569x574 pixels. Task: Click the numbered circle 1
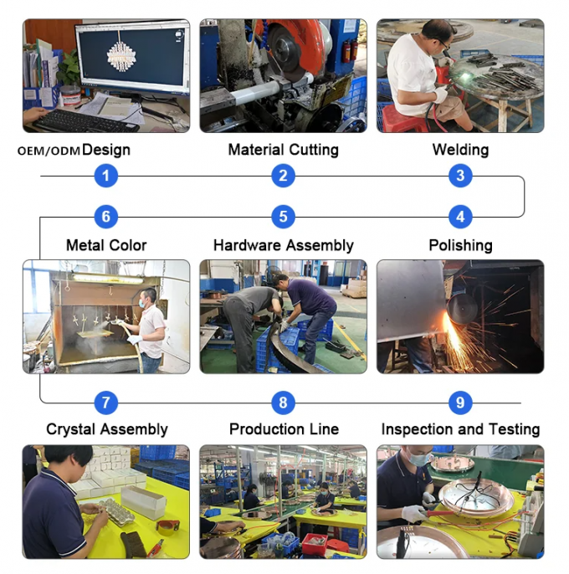(105, 176)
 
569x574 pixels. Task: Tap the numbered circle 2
(283, 176)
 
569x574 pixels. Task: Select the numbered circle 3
(459, 176)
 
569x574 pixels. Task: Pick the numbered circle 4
(459, 218)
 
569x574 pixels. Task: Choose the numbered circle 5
(283, 218)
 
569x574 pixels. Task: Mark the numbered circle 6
(105, 218)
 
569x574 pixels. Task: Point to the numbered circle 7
(105, 402)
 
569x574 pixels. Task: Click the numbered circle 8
(283, 402)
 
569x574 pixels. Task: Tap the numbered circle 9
(459, 402)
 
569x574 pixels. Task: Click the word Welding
(460, 150)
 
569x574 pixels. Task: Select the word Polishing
(460, 246)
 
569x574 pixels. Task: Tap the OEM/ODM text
(48, 151)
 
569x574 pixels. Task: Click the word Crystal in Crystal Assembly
(69, 430)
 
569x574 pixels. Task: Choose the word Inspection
(419, 430)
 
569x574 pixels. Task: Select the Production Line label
(284, 429)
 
